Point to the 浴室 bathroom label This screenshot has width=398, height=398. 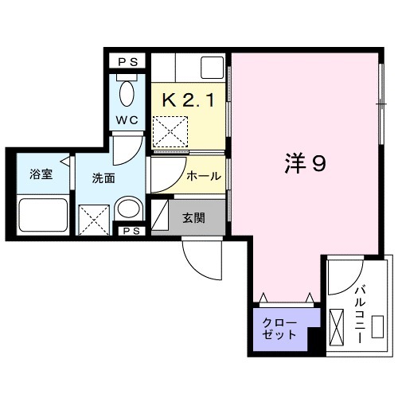tap(41, 175)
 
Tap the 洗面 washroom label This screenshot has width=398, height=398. tap(103, 178)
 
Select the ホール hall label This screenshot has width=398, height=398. tap(204, 177)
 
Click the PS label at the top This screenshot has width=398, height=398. tap(127, 60)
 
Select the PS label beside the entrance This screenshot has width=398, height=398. tap(131, 232)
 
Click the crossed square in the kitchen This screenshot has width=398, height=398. tap(170, 131)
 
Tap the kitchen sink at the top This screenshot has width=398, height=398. tap(212, 66)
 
